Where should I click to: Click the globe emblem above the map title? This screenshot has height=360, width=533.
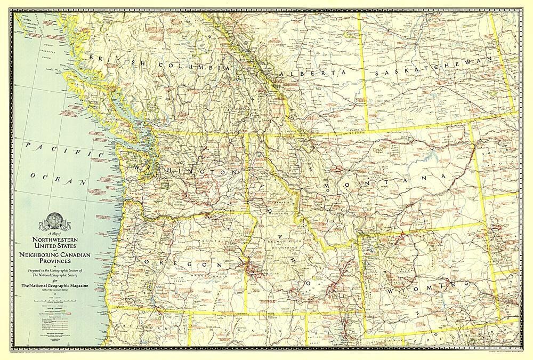[x=54, y=220]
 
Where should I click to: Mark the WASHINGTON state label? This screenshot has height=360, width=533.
[x=184, y=171]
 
